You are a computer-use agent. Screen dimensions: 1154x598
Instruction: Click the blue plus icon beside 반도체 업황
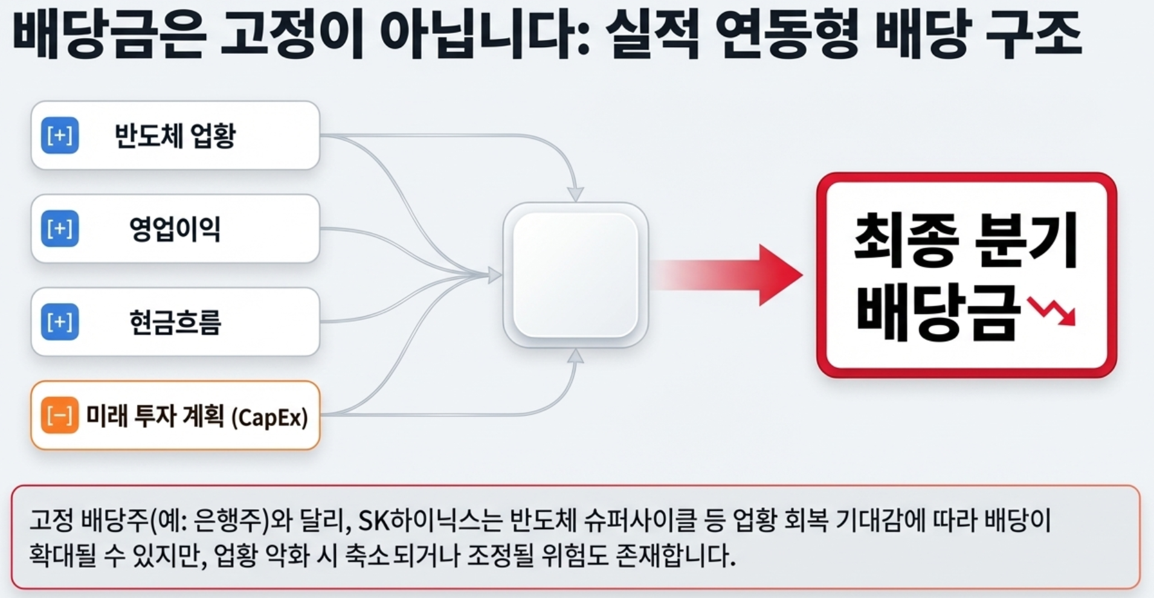pyautogui.click(x=60, y=135)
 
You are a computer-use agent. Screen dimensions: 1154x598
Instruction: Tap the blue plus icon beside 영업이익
pyautogui.click(x=60, y=228)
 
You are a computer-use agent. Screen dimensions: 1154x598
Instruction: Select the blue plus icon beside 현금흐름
pyautogui.click(x=60, y=321)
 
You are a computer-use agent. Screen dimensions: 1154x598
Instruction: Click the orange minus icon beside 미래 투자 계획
pyautogui.click(x=60, y=415)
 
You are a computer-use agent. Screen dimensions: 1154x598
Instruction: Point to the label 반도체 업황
pyautogui.click(x=175, y=135)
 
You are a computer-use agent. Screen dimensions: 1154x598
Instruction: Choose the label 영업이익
pyautogui.click(x=175, y=229)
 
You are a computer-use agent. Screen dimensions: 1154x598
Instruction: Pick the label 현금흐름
pyautogui.click(x=175, y=322)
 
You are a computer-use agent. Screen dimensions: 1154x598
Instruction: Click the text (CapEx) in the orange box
pyautogui.click(x=270, y=417)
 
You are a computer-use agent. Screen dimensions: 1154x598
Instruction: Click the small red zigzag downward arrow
pyautogui.click(x=1052, y=311)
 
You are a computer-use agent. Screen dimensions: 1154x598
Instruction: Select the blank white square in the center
pyautogui.click(x=576, y=275)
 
